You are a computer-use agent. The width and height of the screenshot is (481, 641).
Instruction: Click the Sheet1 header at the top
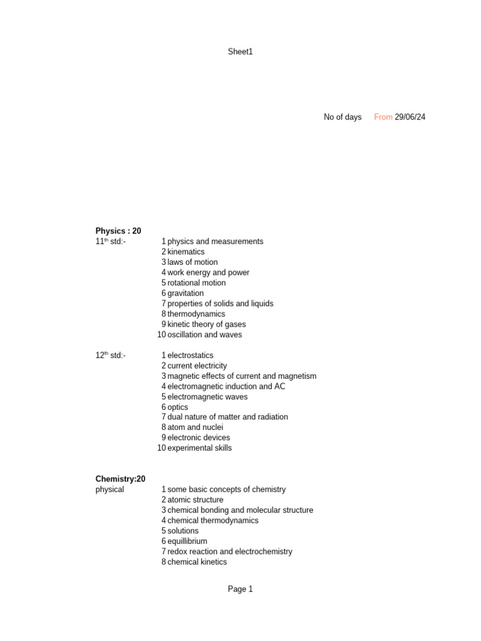coord(240,52)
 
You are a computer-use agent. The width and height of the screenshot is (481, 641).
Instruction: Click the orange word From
coord(383,117)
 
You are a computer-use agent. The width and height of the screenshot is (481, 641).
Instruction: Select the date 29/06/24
coord(410,117)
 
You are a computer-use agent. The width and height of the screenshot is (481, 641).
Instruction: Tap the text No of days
coord(342,117)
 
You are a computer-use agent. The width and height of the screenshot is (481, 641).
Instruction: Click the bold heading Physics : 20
coord(118,231)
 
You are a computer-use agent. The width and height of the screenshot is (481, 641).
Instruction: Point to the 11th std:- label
coord(110,242)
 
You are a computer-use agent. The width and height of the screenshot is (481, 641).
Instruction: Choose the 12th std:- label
coord(110,356)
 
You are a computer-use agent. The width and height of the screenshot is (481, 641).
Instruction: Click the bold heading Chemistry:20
coord(120,479)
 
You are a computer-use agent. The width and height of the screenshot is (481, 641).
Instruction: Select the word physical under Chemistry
coord(110,490)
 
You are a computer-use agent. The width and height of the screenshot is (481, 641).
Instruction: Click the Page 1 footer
coord(240,589)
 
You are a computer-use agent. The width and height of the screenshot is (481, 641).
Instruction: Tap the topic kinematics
coord(186,252)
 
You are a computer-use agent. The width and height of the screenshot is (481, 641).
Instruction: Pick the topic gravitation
coord(185,293)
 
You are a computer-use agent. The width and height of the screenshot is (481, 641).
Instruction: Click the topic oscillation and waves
coord(204,334)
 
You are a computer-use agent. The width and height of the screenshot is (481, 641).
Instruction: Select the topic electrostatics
coord(190,356)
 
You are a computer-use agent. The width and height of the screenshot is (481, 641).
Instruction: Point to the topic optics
coord(178,407)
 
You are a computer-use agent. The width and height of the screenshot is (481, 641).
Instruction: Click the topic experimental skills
coord(199,448)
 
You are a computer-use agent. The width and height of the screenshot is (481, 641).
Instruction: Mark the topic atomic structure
coord(195,500)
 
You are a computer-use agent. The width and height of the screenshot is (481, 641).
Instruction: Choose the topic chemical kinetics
coord(197,562)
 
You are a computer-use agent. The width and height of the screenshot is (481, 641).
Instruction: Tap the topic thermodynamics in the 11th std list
coord(196,314)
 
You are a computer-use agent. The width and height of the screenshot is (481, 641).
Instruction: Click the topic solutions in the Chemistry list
coord(183,531)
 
